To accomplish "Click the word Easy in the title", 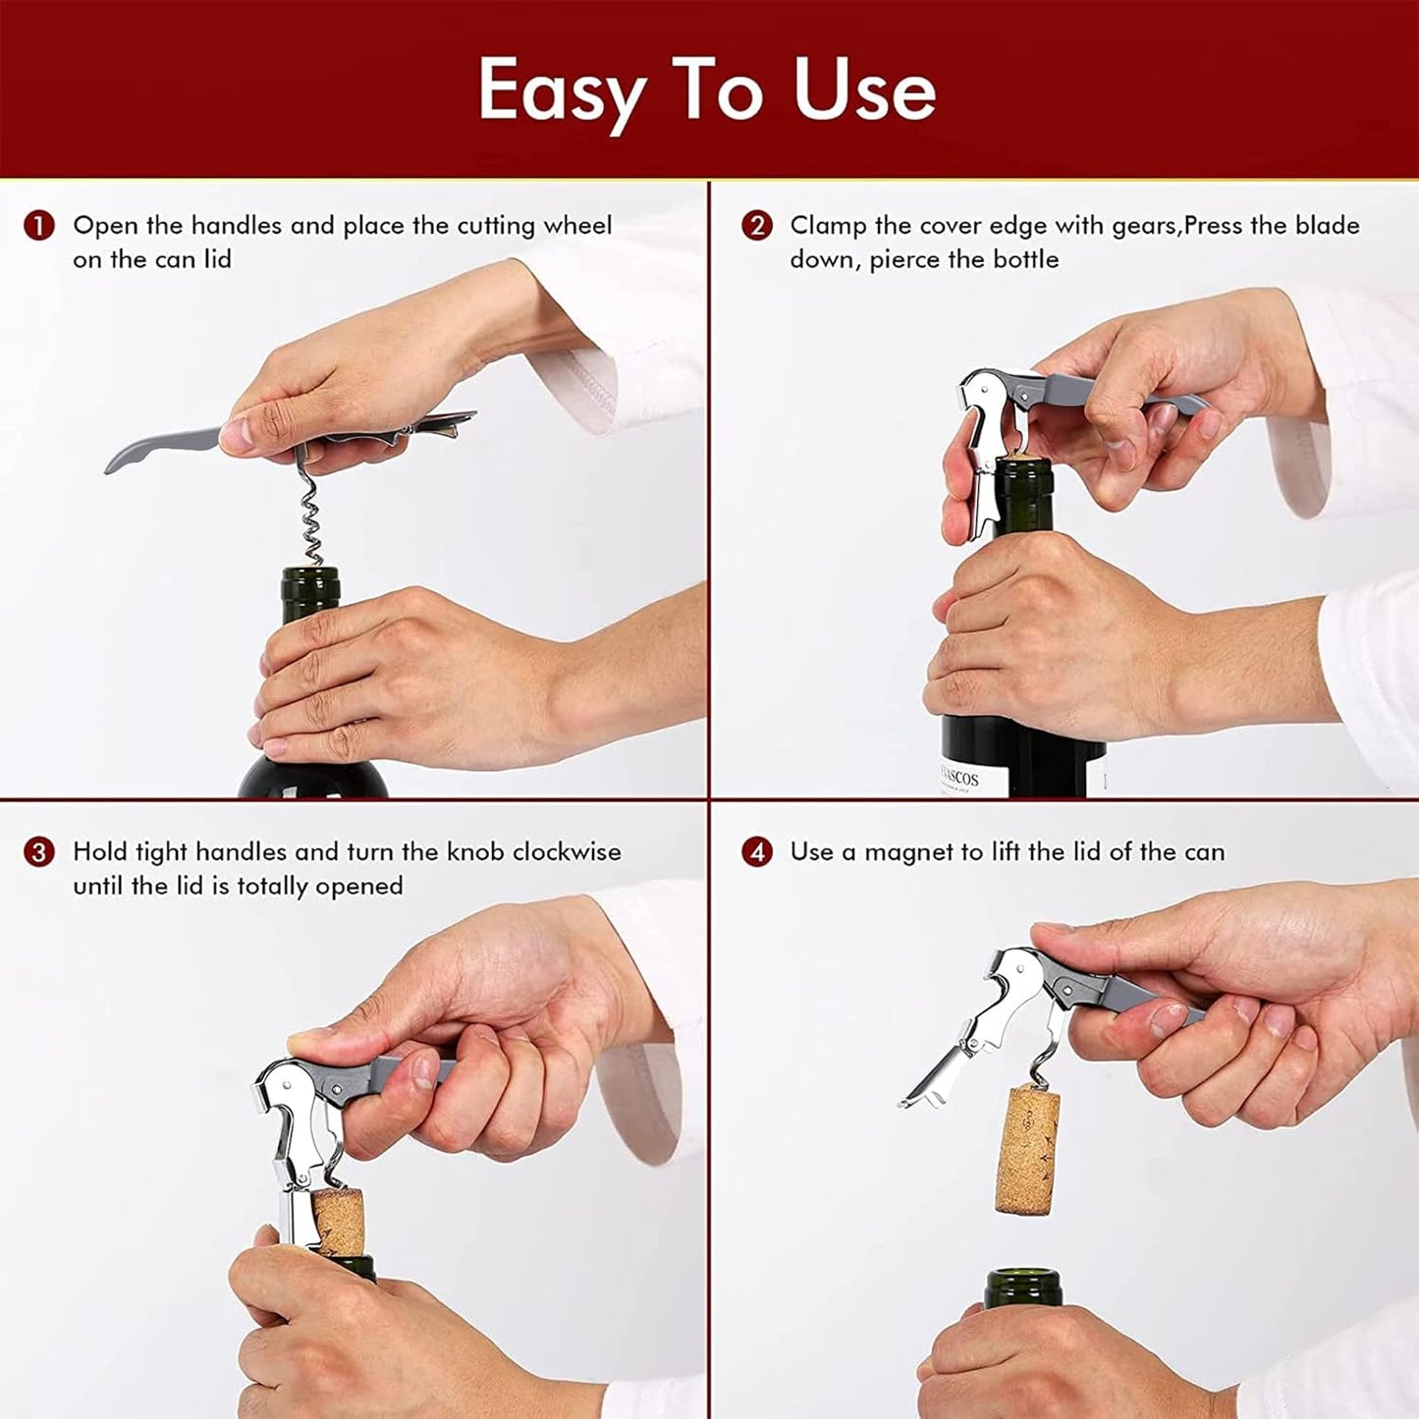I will (561, 91).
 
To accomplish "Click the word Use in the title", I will (864, 91).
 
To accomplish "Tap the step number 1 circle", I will (38, 226).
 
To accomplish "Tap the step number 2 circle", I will (756, 226).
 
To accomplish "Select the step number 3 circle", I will (38, 851).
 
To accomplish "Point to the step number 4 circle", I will (756, 851).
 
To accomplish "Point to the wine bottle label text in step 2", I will (958, 779).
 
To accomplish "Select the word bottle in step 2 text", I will (1026, 259).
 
